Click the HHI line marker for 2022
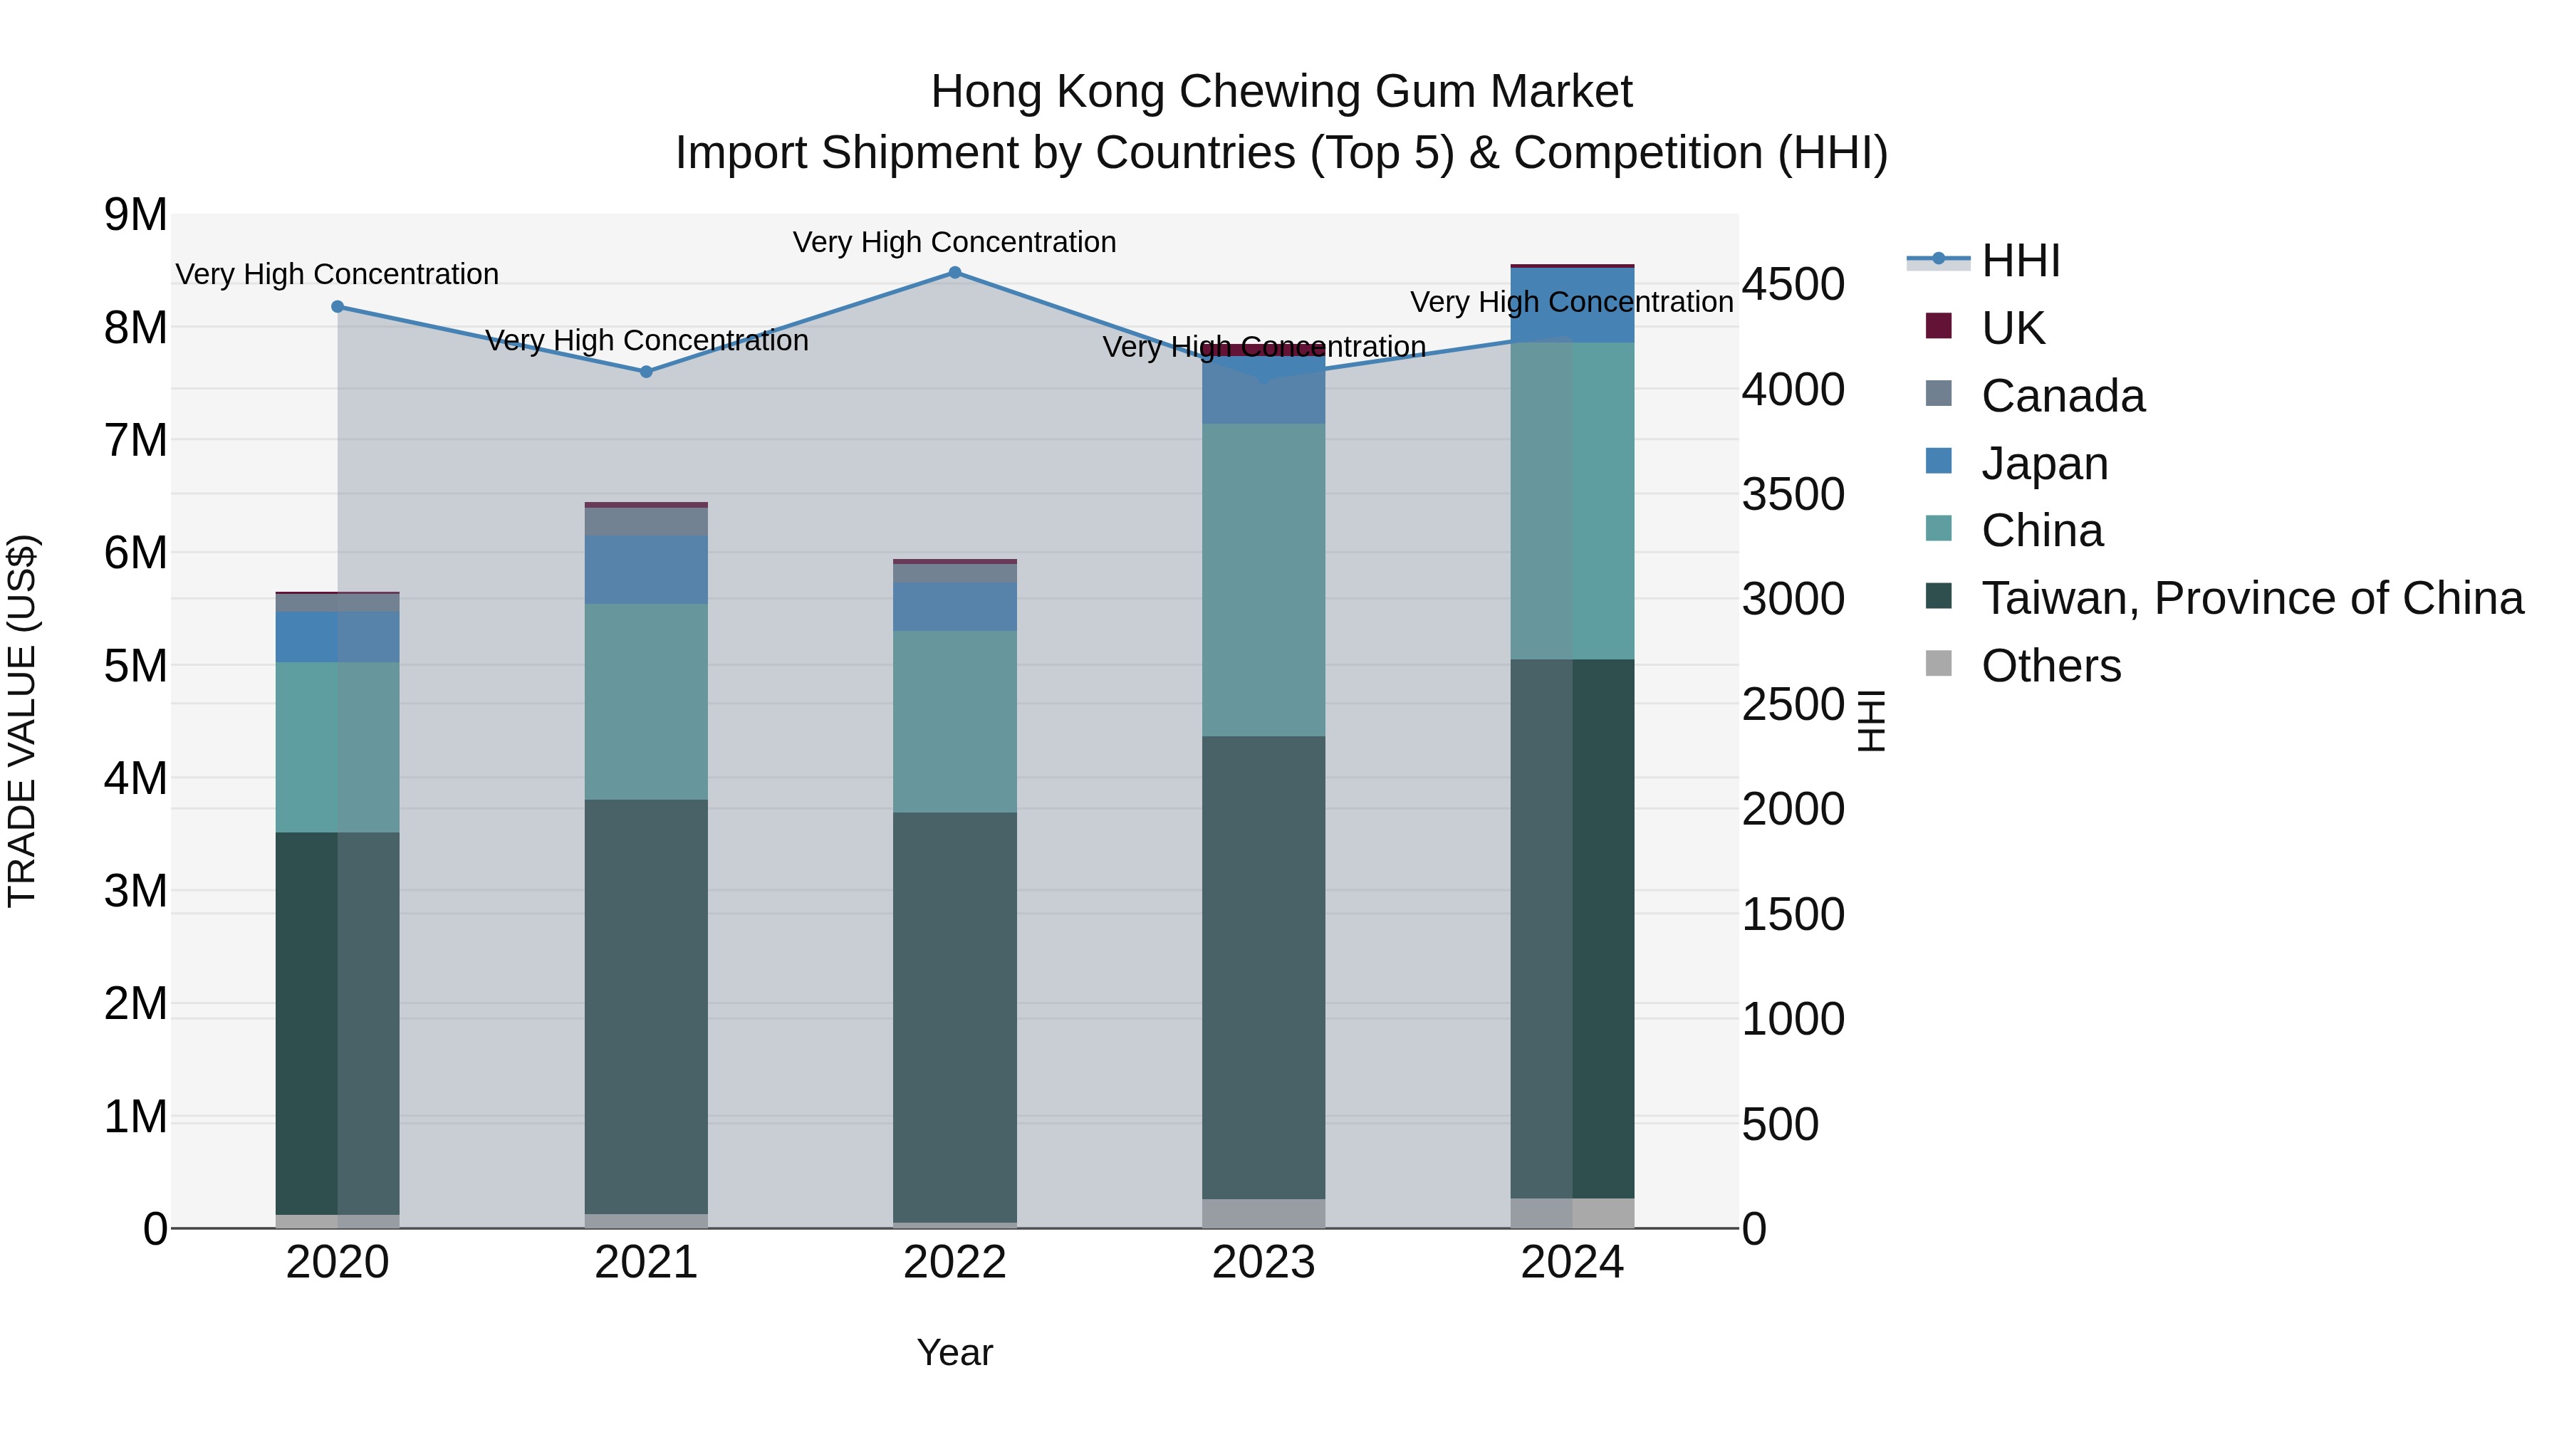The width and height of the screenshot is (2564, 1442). coord(954,272)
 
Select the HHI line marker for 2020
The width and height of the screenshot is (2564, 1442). coord(338,306)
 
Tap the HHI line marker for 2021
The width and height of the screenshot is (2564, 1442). coord(646,371)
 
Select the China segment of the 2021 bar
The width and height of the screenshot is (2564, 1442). coord(646,701)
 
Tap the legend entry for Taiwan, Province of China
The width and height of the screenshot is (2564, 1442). coord(2251,598)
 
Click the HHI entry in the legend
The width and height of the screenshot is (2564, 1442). coord(2020,261)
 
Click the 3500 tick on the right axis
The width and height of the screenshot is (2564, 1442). coord(1793,493)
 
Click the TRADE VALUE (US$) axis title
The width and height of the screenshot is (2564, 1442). coord(22,721)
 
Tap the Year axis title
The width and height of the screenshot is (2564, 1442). coord(954,1352)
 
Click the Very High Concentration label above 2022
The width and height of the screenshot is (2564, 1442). coord(954,242)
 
